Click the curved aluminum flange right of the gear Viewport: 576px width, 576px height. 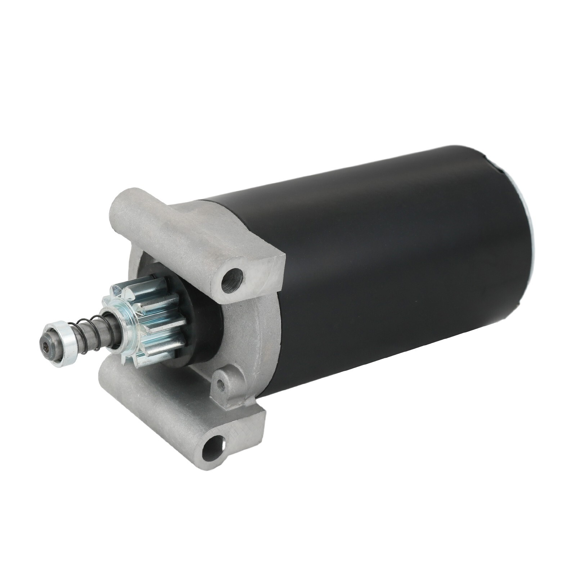[248, 335]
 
